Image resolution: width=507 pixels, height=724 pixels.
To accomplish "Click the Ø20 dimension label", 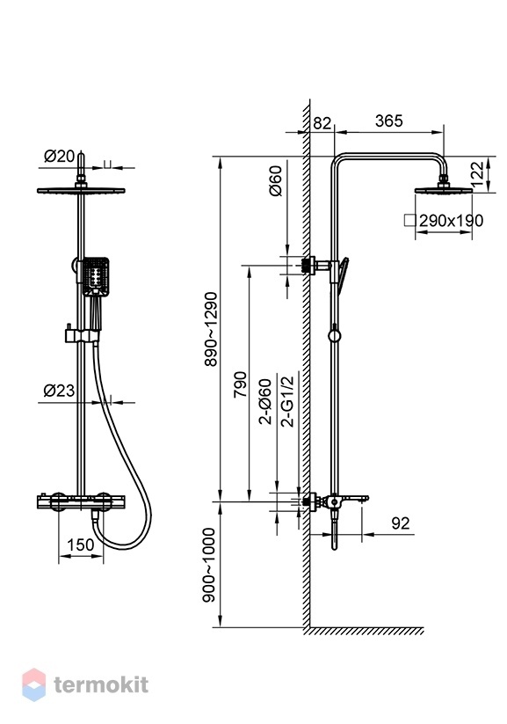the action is coord(59,157).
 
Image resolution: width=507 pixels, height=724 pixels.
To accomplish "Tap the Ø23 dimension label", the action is coord(59,391).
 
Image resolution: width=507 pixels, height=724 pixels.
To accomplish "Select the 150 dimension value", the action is coord(80,545).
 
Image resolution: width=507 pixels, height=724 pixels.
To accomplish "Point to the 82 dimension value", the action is coord(322,123).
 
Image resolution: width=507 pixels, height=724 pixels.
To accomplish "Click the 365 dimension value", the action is coord(389,121).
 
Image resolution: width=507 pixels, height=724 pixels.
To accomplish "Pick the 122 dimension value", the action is coord(478,173).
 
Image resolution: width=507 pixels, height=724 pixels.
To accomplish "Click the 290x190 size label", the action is coord(451,221).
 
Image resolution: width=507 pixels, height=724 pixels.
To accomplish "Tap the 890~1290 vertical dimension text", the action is coord(211,329).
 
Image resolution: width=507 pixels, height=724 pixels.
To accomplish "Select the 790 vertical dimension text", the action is coord(241,384).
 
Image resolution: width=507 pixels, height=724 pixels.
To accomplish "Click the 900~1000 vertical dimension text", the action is coord(210,565).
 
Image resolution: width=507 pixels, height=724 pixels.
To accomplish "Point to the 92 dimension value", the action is coord(400,523).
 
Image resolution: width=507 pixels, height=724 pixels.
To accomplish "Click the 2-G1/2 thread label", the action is coord(287,401).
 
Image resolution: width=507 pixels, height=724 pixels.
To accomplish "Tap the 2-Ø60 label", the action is coord(264,402).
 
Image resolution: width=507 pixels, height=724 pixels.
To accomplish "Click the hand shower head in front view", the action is coord(96,276).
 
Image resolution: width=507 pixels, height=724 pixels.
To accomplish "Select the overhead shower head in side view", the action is coord(444,189).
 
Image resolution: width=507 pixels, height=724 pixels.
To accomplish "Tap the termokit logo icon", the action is coord(34,684).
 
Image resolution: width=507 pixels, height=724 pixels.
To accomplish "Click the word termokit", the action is coord(102,684).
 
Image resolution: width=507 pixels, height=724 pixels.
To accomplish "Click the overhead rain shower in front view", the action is coord(81,190).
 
